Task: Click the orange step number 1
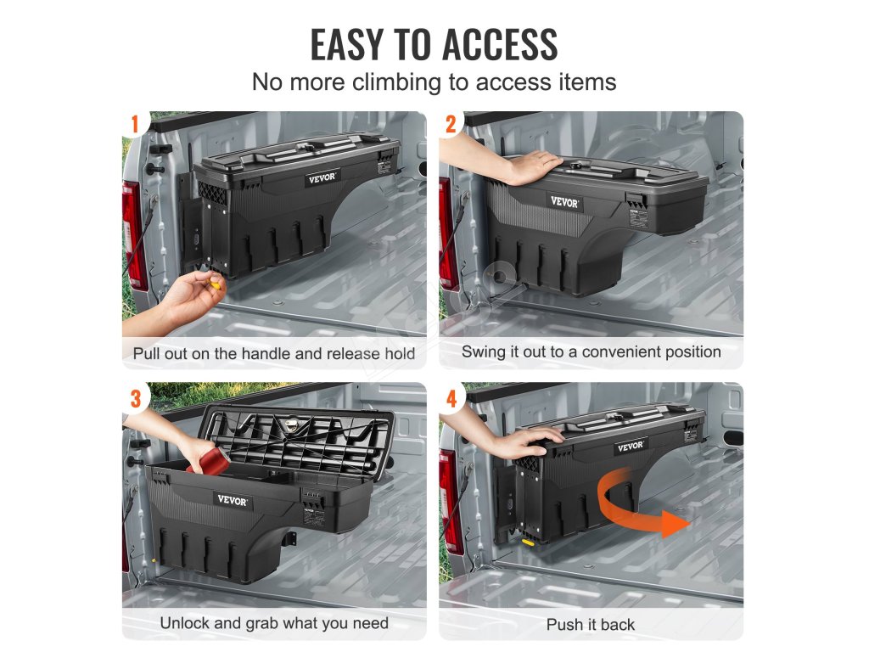point(134,125)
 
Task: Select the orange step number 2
point(451,125)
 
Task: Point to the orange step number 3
point(136,399)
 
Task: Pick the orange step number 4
point(451,399)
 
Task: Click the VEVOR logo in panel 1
point(322,178)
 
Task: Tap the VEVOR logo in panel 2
point(564,202)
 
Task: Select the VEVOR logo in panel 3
point(233,501)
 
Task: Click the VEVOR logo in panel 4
point(631,447)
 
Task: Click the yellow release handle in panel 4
point(528,542)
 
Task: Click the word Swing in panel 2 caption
point(482,352)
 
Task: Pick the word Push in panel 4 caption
point(564,625)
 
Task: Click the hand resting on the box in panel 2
point(530,166)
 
